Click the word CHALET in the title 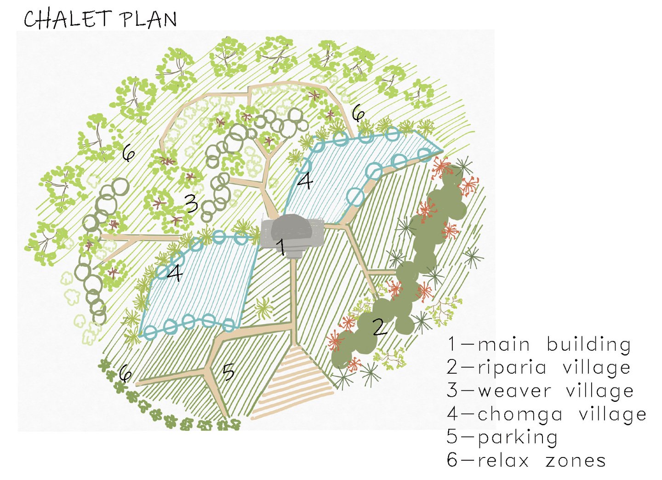coord(68,19)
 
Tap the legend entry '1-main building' coord(539,345)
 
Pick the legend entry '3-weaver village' coord(540,391)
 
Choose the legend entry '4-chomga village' coord(547,414)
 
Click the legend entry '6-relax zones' coord(526,461)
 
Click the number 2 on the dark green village coord(379,327)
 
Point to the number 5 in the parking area coord(228,372)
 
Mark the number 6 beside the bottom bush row coord(125,374)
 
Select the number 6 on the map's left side coord(129,153)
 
